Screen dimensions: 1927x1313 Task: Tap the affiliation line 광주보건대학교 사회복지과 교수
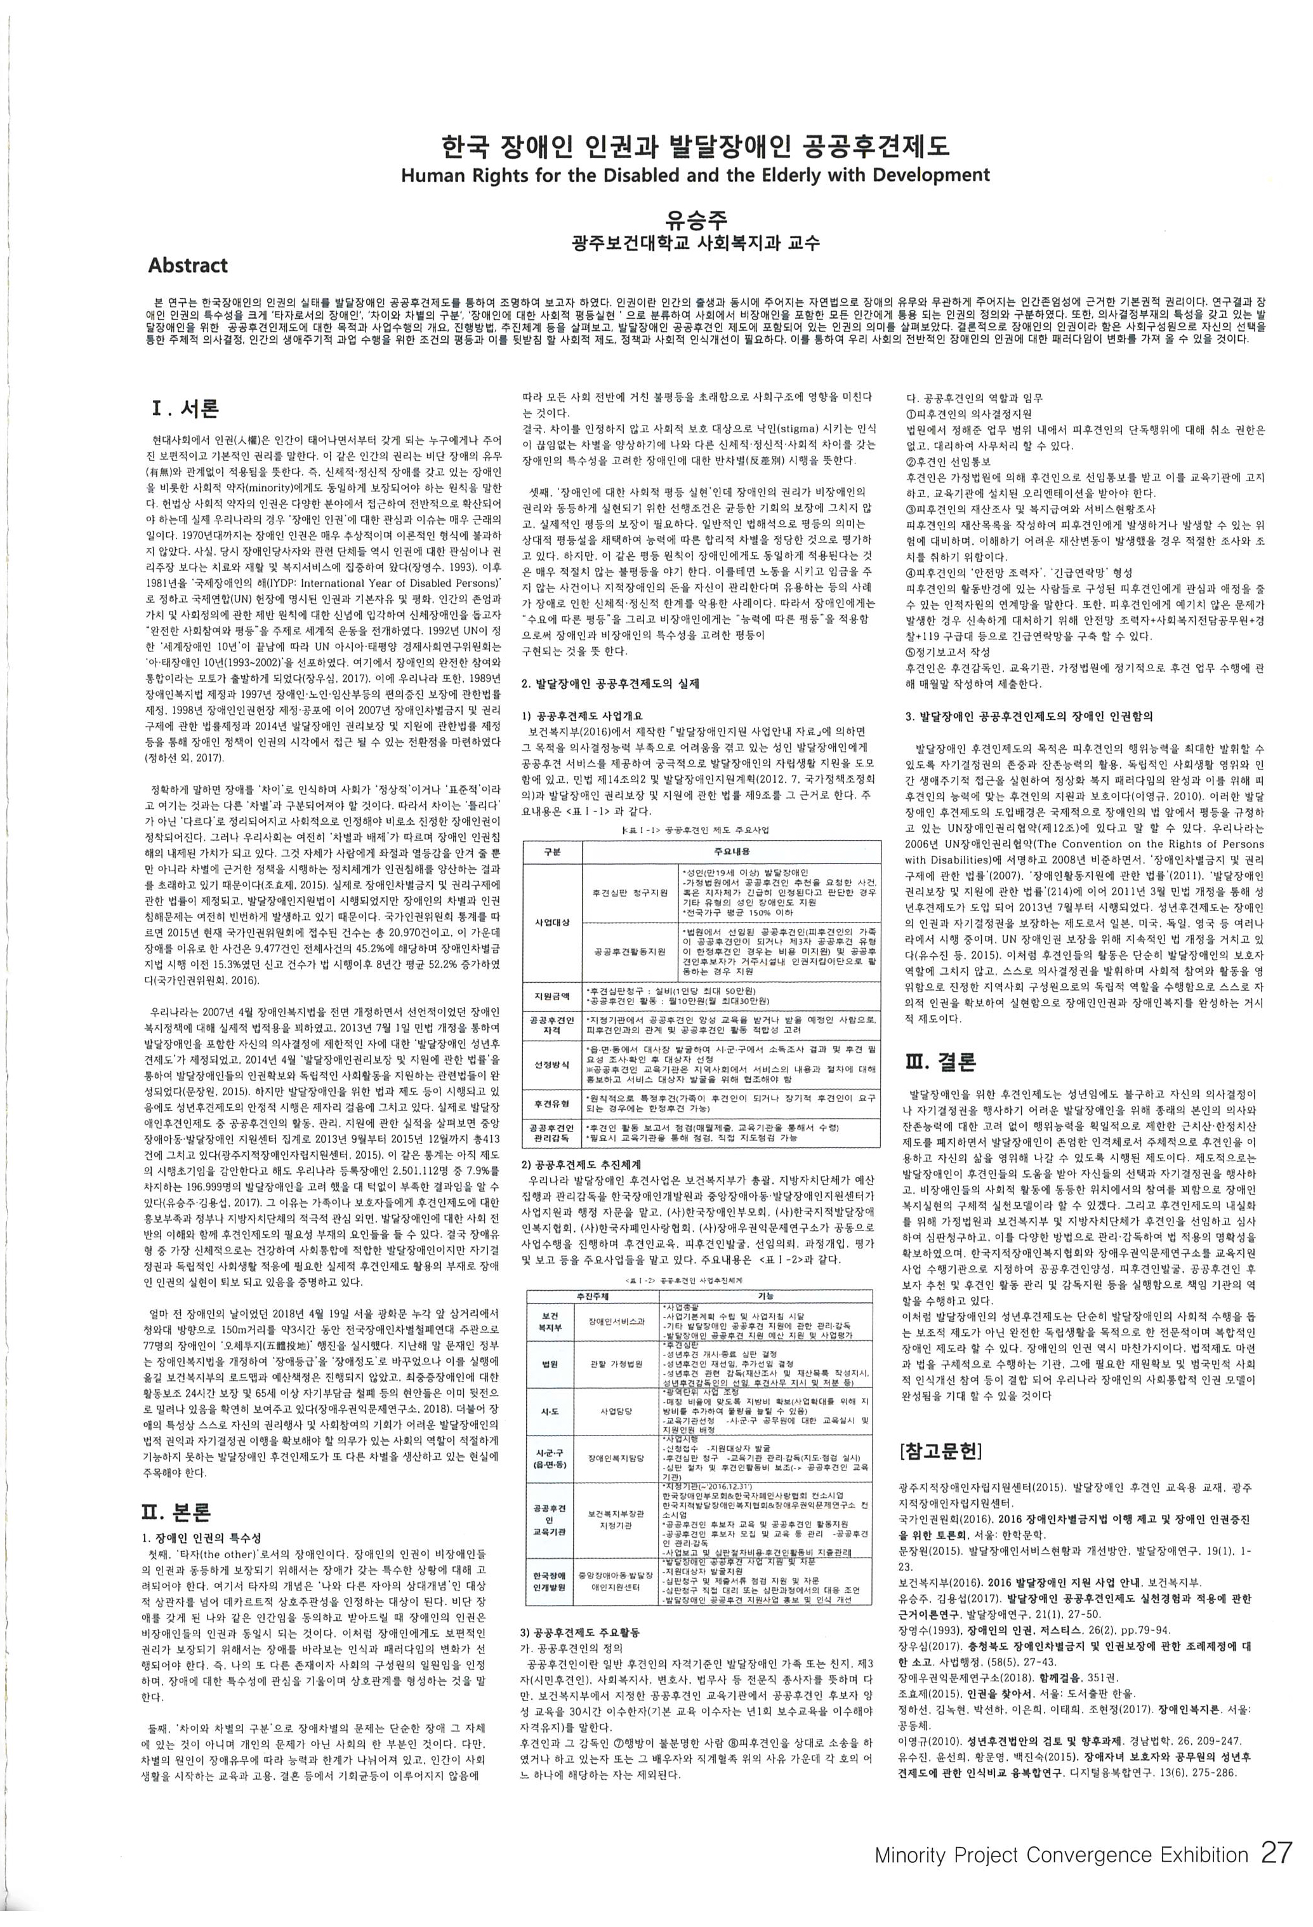[696, 243]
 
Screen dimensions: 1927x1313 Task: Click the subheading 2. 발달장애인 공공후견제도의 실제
[610, 684]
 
